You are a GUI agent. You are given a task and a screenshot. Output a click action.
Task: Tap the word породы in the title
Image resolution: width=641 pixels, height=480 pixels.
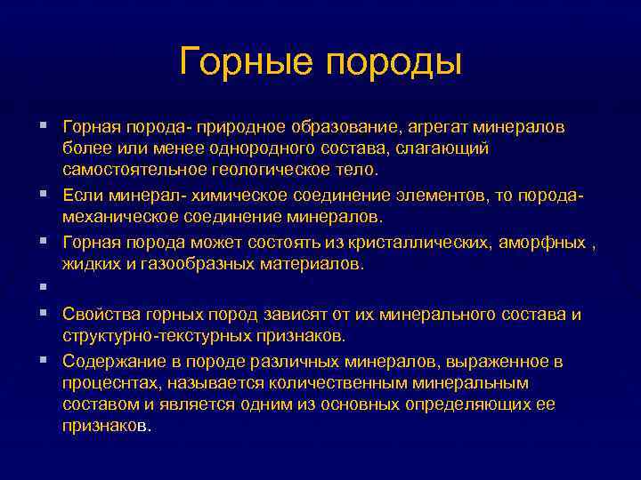(x=393, y=62)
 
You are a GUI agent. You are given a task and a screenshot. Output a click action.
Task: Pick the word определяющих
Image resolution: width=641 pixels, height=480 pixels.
(x=487, y=404)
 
